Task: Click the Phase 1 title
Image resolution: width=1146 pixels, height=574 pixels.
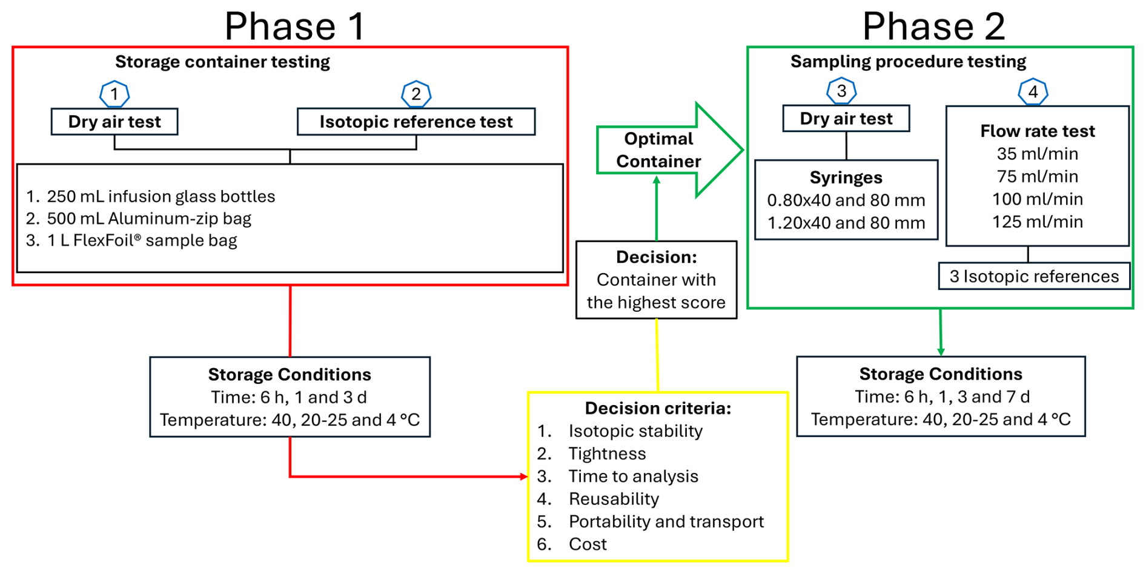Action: click(295, 26)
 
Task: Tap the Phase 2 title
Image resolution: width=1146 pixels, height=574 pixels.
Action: click(933, 26)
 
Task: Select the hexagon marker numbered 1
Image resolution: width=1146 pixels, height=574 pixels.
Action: click(114, 94)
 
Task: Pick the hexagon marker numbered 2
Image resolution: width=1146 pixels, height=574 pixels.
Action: click(416, 94)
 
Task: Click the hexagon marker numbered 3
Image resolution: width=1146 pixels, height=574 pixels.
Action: click(841, 91)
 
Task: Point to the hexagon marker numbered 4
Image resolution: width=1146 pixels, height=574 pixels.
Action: click(1033, 91)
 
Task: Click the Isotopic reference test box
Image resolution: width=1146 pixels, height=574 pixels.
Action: click(416, 122)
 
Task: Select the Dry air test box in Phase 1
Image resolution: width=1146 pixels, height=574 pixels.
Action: click(114, 122)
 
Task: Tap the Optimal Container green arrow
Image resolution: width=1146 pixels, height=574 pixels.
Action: click(669, 150)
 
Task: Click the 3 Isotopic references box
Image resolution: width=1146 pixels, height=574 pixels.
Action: click(1034, 276)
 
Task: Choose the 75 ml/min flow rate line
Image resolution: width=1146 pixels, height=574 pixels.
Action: click(1038, 176)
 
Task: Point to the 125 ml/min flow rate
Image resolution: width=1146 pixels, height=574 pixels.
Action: click(1038, 222)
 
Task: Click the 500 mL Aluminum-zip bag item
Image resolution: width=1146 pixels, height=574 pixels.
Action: click(139, 219)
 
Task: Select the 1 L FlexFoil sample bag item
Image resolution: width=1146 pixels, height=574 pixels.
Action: click(131, 240)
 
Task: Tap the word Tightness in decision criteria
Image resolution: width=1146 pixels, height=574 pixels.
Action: click(607, 454)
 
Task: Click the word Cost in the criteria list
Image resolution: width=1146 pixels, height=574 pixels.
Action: click(588, 544)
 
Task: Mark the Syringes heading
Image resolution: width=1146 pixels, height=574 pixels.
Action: click(846, 177)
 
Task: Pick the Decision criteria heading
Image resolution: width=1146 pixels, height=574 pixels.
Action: click(658, 408)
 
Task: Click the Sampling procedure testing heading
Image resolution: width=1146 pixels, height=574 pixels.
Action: click(908, 61)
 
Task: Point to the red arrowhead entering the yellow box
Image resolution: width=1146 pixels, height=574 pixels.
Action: click(524, 477)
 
